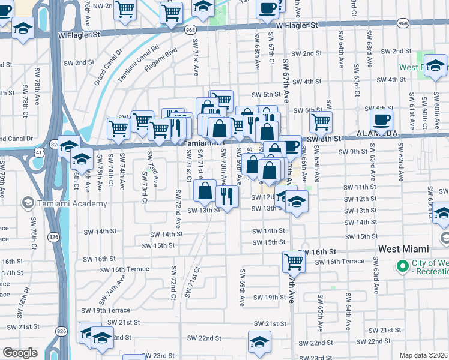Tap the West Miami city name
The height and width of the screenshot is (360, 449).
click(403, 249)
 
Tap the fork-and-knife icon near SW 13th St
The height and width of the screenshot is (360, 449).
click(227, 196)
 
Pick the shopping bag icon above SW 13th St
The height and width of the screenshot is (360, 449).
click(205, 192)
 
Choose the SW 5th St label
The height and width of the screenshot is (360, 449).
click(267, 95)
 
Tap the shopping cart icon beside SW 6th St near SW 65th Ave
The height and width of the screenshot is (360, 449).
click(321, 122)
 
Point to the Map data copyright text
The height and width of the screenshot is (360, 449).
click(424, 355)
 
